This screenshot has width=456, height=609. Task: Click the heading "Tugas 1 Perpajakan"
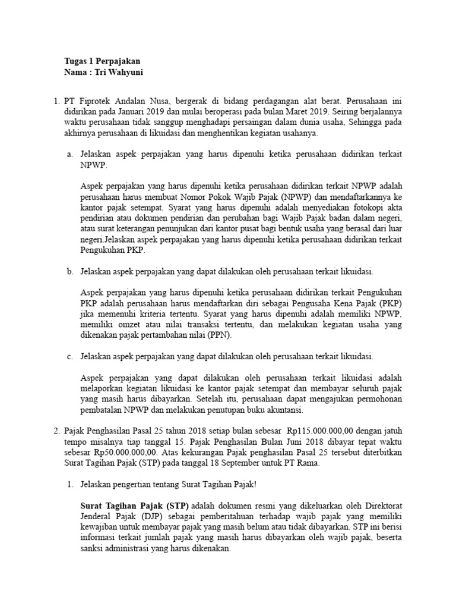pyautogui.click(x=102, y=61)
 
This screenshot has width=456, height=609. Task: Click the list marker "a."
pyautogui.click(x=69, y=153)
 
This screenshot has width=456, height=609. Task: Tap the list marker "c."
pyautogui.click(x=69, y=356)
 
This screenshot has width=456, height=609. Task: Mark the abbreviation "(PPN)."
pyautogui.click(x=220, y=335)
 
